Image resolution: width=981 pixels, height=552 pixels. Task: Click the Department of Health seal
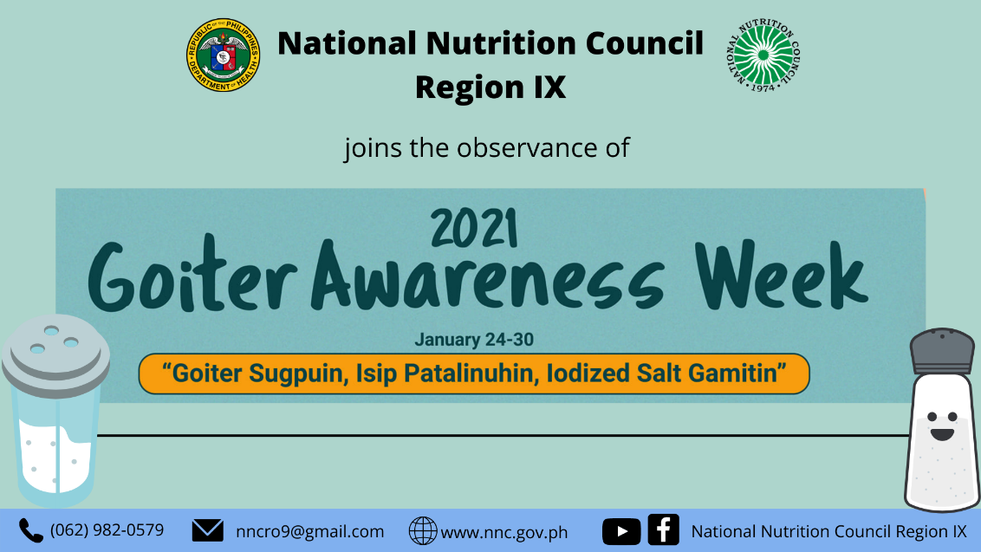pyautogui.click(x=224, y=57)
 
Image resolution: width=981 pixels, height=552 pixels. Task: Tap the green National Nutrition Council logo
pyautogui.click(x=763, y=55)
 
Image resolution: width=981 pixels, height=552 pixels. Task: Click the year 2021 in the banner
pyautogui.click(x=474, y=231)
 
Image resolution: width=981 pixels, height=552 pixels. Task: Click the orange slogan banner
pyautogui.click(x=474, y=373)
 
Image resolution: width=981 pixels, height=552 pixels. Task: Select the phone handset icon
pyautogui.click(x=31, y=530)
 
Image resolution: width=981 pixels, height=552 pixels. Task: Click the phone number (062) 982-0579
pyautogui.click(x=107, y=529)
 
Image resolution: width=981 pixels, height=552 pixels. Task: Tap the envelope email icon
pyautogui.click(x=207, y=530)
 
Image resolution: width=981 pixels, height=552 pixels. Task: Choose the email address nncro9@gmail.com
pyautogui.click(x=309, y=531)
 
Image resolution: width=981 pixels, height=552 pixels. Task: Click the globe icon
pyautogui.click(x=423, y=531)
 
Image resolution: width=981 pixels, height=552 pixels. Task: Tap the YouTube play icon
pyautogui.click(x=621, y=531)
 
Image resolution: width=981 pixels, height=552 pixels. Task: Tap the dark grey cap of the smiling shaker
pyautogui.click(x=941, y=351)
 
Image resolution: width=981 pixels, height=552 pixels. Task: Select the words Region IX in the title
pyautogui.click(x=490, y=87)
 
